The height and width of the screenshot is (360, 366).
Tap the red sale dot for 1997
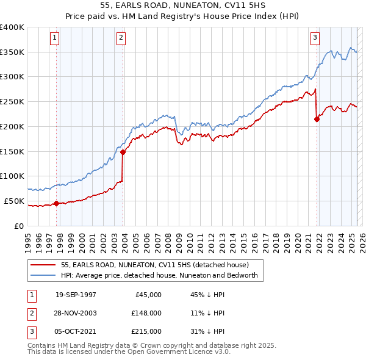57,203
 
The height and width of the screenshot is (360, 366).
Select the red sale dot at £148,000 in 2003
123,152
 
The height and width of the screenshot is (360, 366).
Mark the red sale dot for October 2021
317,119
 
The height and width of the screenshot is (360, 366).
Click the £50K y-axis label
15,201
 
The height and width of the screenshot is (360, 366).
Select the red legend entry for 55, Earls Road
155,265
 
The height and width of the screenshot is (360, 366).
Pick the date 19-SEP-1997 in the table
76,295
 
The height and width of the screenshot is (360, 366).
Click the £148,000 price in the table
146,313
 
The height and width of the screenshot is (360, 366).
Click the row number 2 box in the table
30,313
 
